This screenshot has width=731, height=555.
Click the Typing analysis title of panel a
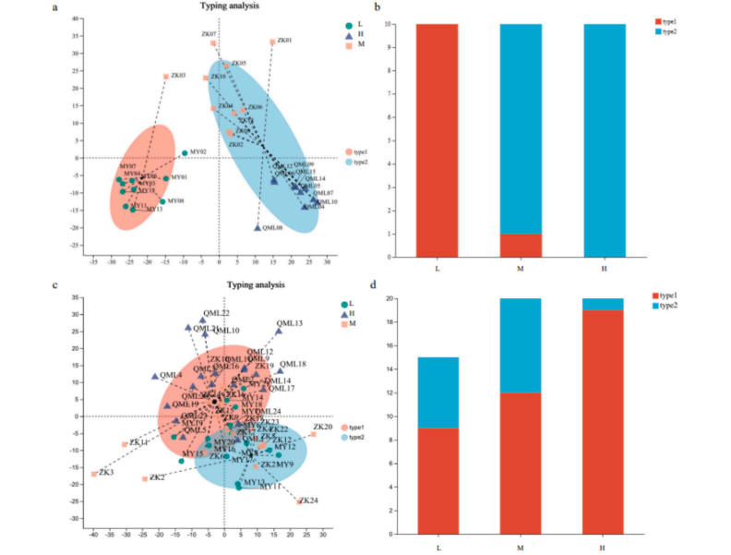pyautogui.click(x=230, y=6)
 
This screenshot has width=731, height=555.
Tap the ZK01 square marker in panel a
pyautogui.click(x=272, y=42)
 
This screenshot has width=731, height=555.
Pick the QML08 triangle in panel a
pyautogui.click(x=258, y=227)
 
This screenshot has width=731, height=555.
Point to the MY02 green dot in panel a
pyautogui.click(x=185, y=153)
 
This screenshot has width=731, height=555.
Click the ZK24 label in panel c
pyautogui.click(x=310, y=501)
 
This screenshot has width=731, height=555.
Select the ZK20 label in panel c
pyautogui.click(x=322, y=427)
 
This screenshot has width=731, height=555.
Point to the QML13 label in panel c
pyautogui.click(x=291, y=323)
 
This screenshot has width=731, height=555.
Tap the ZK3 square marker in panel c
pyautogui.click(x=94, y=474)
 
